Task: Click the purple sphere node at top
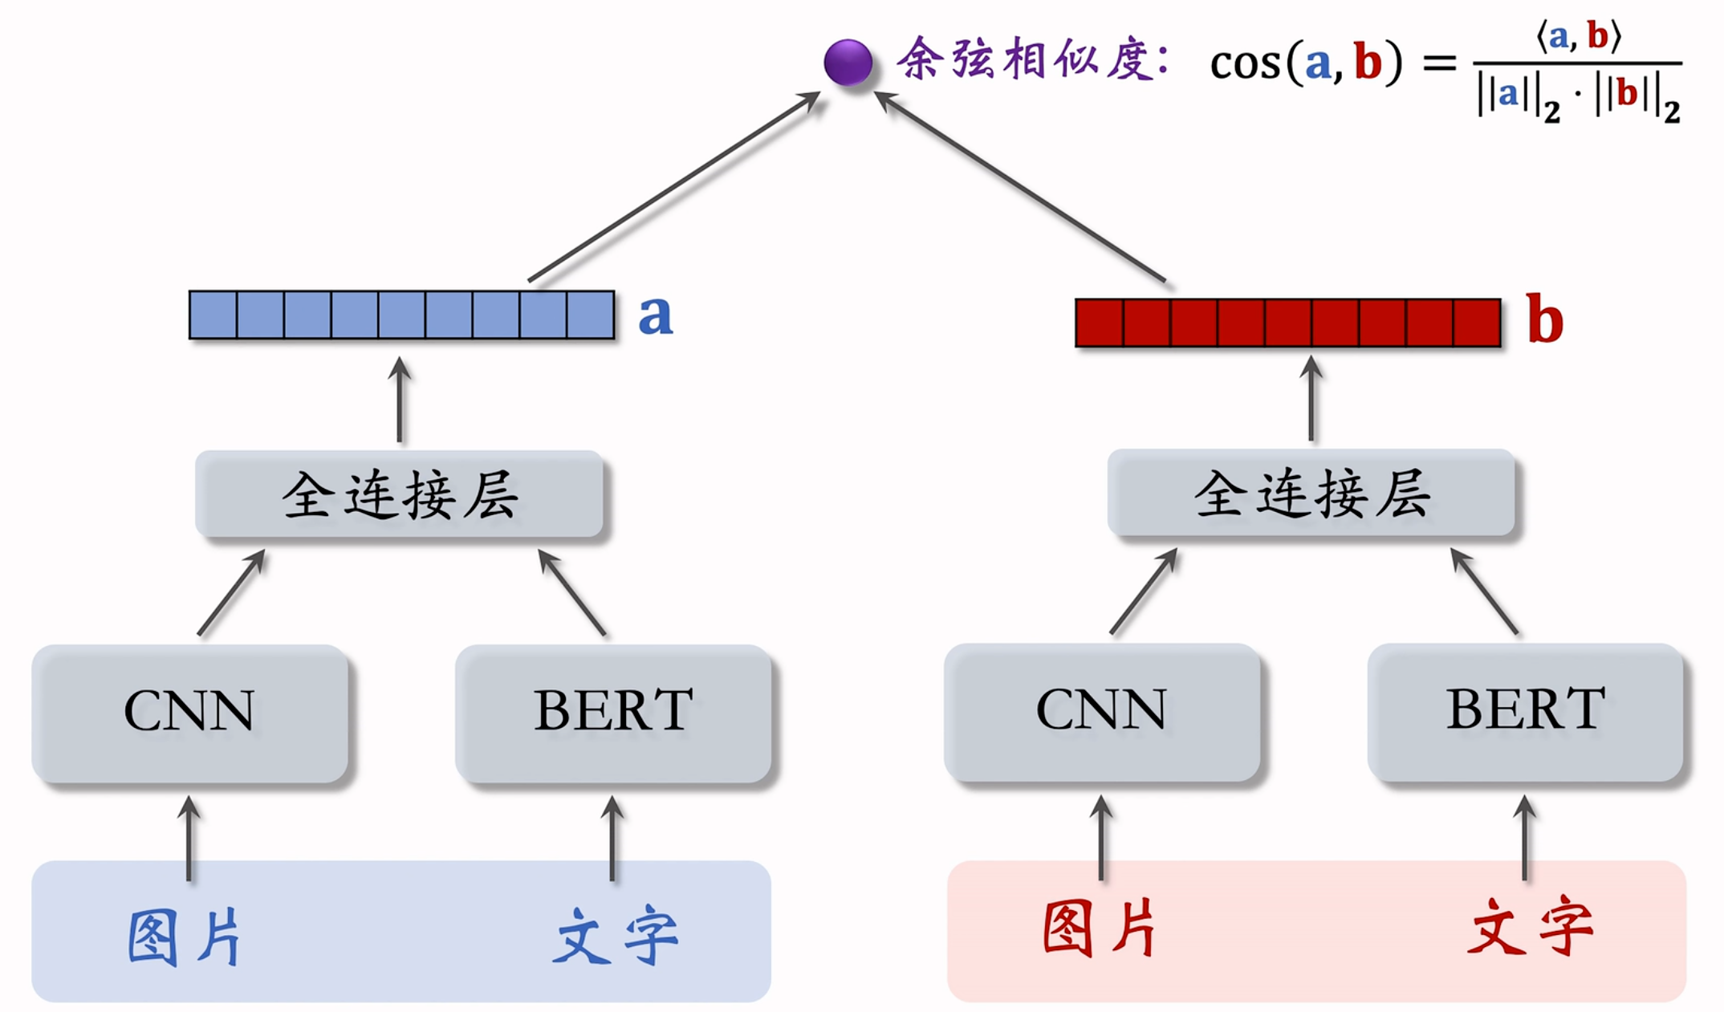(x=848, y=62)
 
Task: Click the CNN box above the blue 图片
(x=189, y=713)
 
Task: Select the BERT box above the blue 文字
(x=613, y=713)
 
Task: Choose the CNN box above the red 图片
(x=1102, y=711)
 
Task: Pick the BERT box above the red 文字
(x=1525, y=711)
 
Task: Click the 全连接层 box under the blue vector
(x=400, y=494)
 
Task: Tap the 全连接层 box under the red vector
(x=1311, y=493)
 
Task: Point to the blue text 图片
(x=185, y=937)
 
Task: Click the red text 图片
(x=1100, y=929)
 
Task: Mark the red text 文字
(x=1530, y=929)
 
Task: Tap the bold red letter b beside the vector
(x=1544, y=319)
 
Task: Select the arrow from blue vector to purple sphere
(x=674, y=186)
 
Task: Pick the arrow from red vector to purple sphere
(x=1019, y=186)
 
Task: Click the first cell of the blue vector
(x=213, y=315)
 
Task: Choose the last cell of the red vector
(x=1477, y=323)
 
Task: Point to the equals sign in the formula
(x=1439, y=63)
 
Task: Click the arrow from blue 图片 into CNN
(x=189, y=839)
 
